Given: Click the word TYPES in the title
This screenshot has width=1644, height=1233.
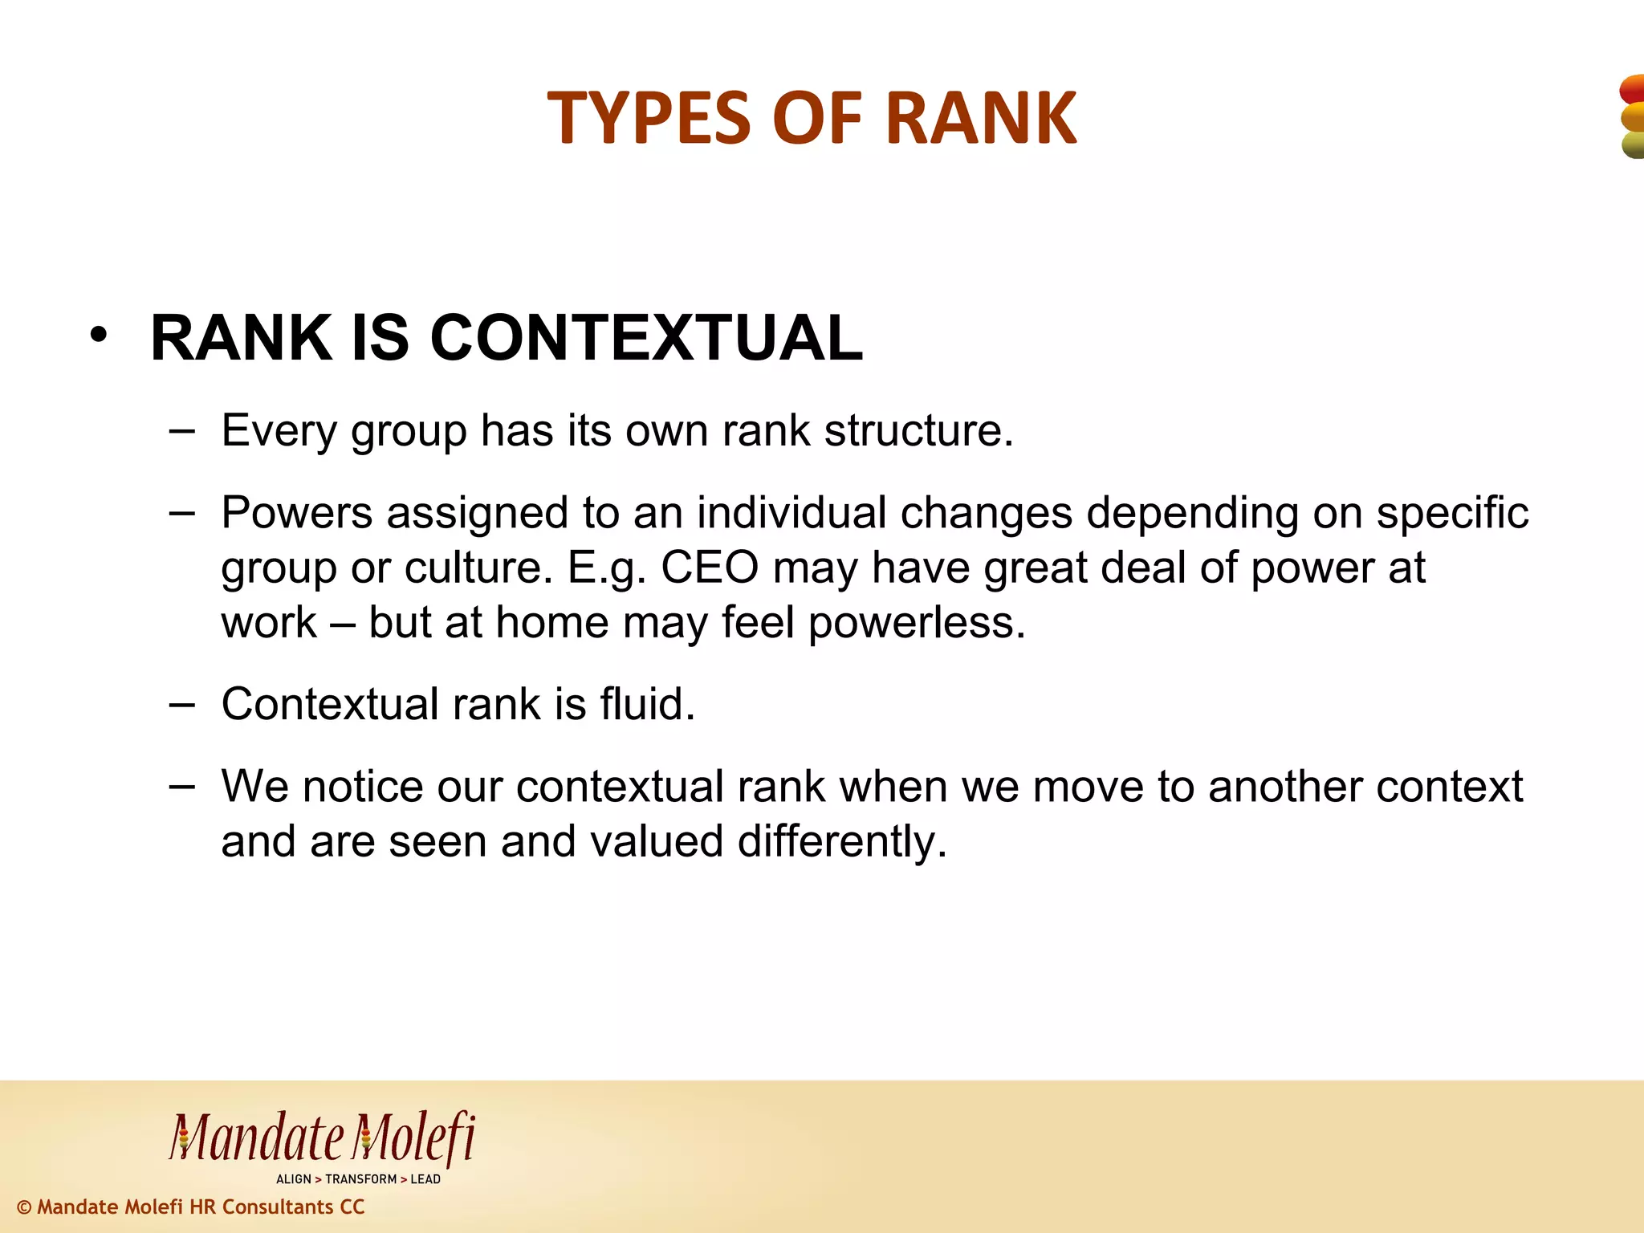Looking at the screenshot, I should coord(649,119).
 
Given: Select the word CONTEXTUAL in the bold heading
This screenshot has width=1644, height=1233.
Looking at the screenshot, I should coord(646,338).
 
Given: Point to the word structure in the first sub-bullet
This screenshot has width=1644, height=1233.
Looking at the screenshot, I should coord(918,431).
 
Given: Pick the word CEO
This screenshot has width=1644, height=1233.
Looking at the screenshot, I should coord(710,568).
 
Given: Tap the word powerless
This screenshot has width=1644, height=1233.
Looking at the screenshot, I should coord(917,623).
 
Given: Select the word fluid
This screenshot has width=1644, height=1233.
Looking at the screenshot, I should coord(647,705).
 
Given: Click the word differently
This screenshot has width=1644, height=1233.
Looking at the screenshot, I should coord(842,842).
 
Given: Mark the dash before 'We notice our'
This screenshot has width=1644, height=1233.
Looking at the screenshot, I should coord(182,786).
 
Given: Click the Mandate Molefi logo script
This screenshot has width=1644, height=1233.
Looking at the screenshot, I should coord(321,1138).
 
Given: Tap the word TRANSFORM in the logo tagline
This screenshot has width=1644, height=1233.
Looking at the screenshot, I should coord(361,1179).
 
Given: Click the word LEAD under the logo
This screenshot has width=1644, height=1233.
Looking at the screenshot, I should coord(425,1179).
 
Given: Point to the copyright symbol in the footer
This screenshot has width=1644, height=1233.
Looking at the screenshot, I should coord(24,1207).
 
